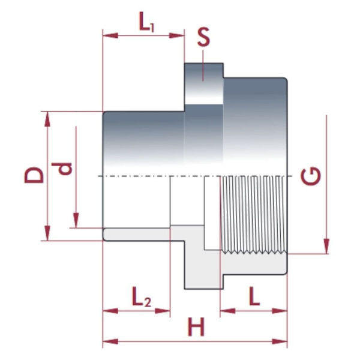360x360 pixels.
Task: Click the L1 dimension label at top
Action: coord(147,24)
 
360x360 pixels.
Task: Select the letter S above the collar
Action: coord(204,38)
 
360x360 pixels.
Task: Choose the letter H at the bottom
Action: coord(195,328)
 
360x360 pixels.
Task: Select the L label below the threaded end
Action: coord(254,297)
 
